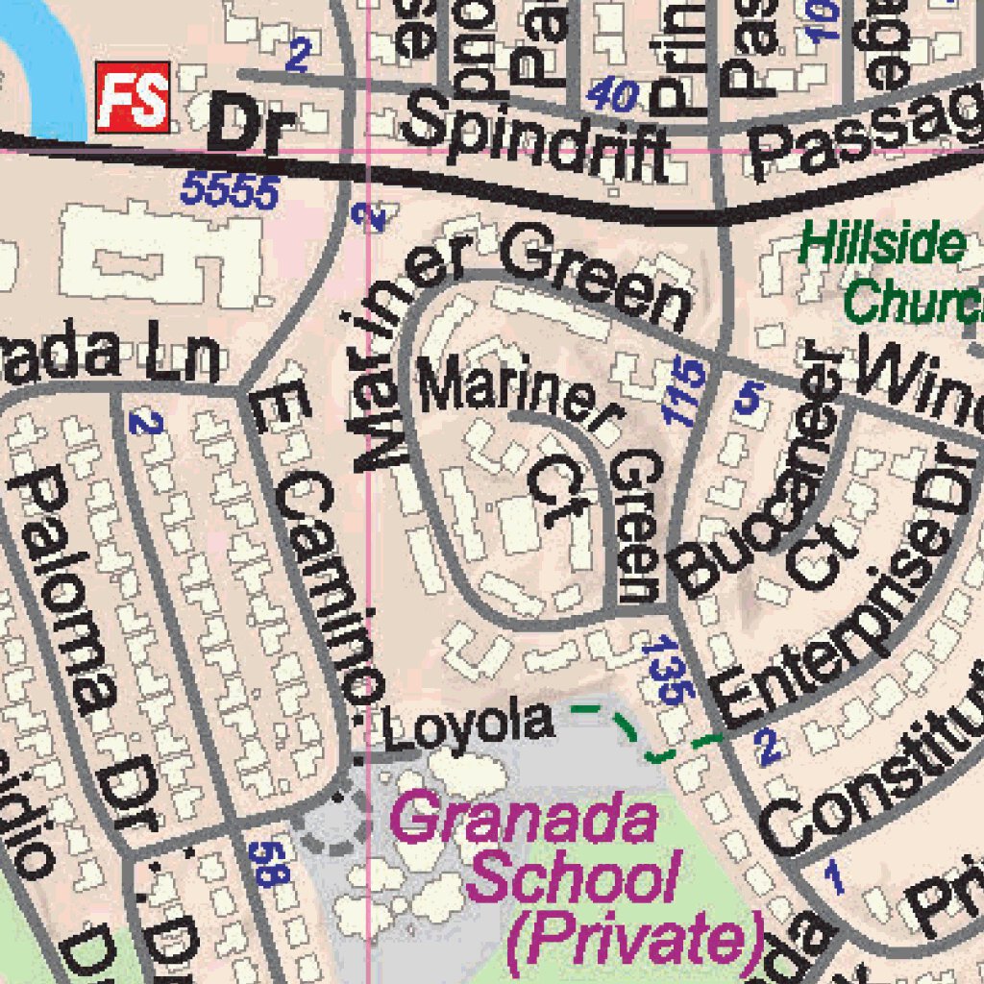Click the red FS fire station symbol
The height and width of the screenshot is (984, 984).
(133, 97)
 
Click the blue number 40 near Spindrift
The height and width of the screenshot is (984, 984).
(612, 95)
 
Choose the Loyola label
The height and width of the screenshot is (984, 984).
(468, 723)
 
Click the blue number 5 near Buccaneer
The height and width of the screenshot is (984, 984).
(749, 397)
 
